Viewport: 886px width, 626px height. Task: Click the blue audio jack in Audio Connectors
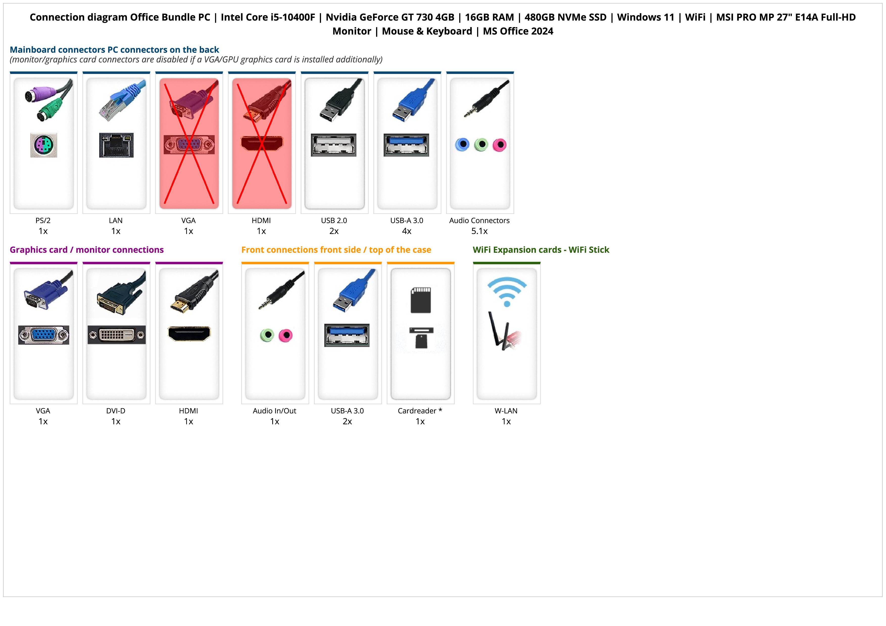click(462, 145)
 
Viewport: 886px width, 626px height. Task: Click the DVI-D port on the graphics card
click(116, 335)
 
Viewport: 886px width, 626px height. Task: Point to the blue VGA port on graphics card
click(44, 335)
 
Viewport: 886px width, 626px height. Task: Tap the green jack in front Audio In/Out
click(267, 335)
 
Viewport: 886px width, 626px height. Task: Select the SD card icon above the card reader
click(421, 300)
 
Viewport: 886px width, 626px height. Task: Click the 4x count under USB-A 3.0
click(407, 231)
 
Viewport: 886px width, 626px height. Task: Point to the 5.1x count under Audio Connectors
click(479, 231)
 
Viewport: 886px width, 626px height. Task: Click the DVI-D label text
click(116, 411)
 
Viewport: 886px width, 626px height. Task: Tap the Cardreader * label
click(420, 411)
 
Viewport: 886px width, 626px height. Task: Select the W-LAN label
click(506, 411)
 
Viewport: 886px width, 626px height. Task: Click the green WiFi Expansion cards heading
click(541, 250)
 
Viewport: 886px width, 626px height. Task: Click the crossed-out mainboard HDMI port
click(262, 143)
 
